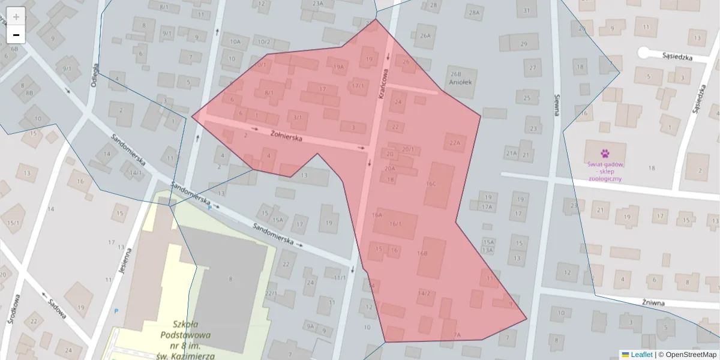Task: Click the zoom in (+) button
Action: point(16,16)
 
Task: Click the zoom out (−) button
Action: point(16,35)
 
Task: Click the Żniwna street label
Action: point(653,303)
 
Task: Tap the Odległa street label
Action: point(94,76)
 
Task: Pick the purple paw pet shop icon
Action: point(604,154)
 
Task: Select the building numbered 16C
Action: point(440,184)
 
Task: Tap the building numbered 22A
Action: point(454,143)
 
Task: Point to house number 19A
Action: point(338,67)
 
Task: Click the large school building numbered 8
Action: point(230,278)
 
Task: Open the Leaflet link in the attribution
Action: point(641,355)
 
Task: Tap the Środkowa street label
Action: point(16,308)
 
